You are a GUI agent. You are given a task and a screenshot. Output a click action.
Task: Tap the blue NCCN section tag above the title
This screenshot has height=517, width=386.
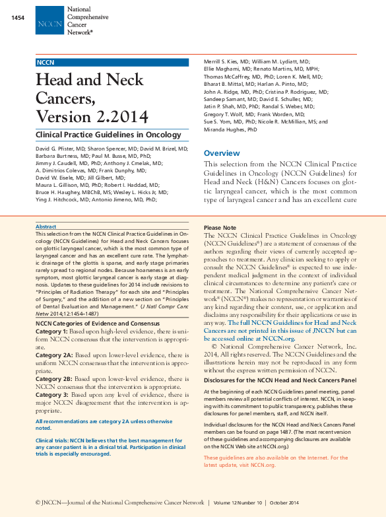tap(46, 62)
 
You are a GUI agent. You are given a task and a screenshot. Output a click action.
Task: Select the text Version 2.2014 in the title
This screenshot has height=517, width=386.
tap(92, 117)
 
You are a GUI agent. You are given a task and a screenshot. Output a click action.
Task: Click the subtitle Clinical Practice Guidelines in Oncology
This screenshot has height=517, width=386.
tap(108, 135)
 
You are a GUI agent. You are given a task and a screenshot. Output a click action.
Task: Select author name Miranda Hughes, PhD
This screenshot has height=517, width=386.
tap(231, 130)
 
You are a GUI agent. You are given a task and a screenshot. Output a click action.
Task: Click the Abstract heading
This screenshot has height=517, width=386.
tap(46, 226)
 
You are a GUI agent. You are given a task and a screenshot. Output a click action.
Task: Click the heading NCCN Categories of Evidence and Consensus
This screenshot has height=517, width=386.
tap(97, 324)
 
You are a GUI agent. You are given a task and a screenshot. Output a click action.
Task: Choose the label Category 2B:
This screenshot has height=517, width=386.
tap(53, 379)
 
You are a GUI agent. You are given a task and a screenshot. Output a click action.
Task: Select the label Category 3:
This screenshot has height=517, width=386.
tap(51, 395)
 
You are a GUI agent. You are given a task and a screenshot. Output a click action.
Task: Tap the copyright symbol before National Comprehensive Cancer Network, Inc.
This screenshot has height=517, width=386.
tap(214, 346)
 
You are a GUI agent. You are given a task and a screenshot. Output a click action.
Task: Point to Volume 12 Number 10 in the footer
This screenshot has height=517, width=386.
tap(238, 502)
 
